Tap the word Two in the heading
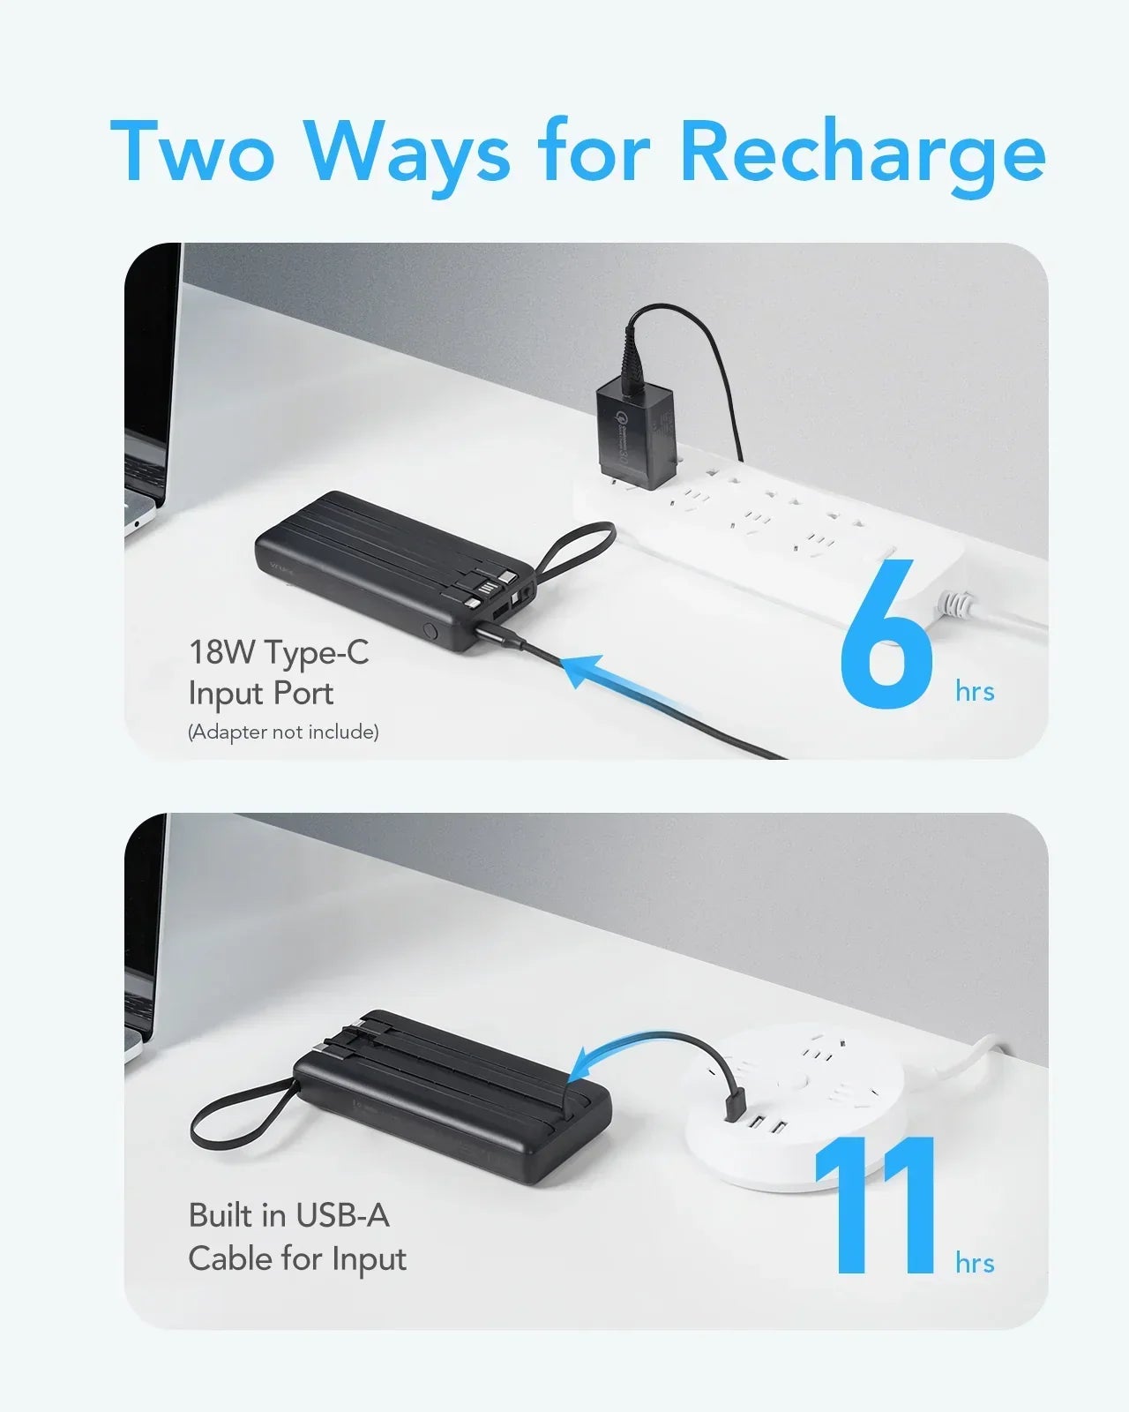[x=192, y=152]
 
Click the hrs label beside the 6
[x=975, y=692]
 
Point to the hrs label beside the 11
[x=975, y=1264]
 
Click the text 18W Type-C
[x=279, y=653]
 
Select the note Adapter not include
[x=283, y=732]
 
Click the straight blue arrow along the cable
[x=617, y=684]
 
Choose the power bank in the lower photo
[x=450, y=1094]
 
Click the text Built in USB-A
[x=288, y=1215]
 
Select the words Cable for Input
[x=297, y=1258]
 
